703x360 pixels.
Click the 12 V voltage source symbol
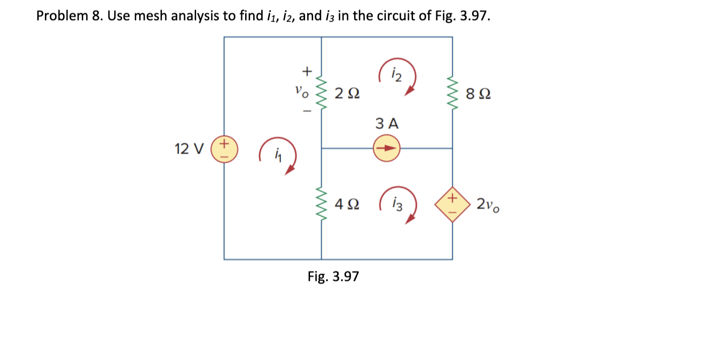[224, 149]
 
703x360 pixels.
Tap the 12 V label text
[189, 149]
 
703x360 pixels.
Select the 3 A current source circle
[387, 149]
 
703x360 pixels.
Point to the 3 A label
[387, 124]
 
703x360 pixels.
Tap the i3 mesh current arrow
[398, 205]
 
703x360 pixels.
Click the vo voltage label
[300, 93]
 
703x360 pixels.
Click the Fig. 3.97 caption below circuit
[333, 276]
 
